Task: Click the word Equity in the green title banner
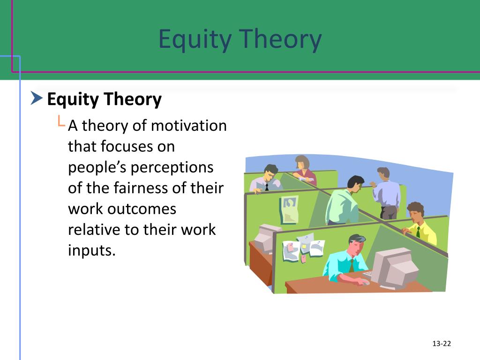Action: pyautogui.click(x=195, y=39)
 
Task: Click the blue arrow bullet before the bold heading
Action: pyautogui.click(x=37, y=98)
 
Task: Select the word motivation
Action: pyautogui.click(x=188, y=126)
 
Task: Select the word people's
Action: pyautogui.click(x=97, y=168)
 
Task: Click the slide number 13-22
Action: pyautogui.click(x=442, y=344)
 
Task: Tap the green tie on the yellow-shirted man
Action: pyautogui.click(x=418, y=232)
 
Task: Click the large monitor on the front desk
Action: pyautogui.click(x=394, y=268)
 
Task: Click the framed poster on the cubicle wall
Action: pyautogui.click(x=289, y=210)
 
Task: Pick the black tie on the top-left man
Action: pyautogui.click(x=267, y=187)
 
